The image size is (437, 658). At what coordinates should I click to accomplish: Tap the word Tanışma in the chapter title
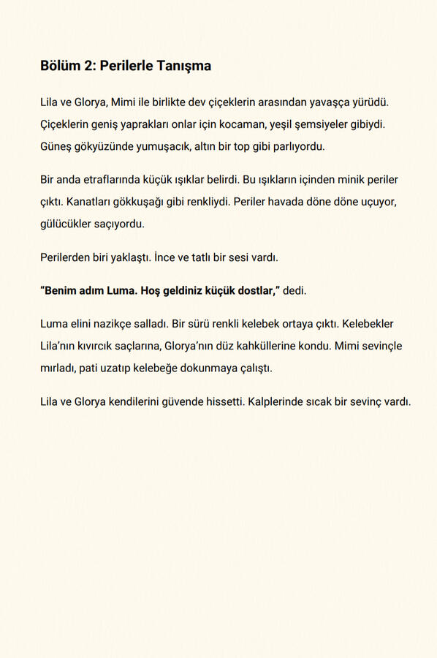point(186,66)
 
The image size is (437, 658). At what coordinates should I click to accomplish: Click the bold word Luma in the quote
point(114,290)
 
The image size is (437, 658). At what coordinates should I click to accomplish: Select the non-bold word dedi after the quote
point(294,290)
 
